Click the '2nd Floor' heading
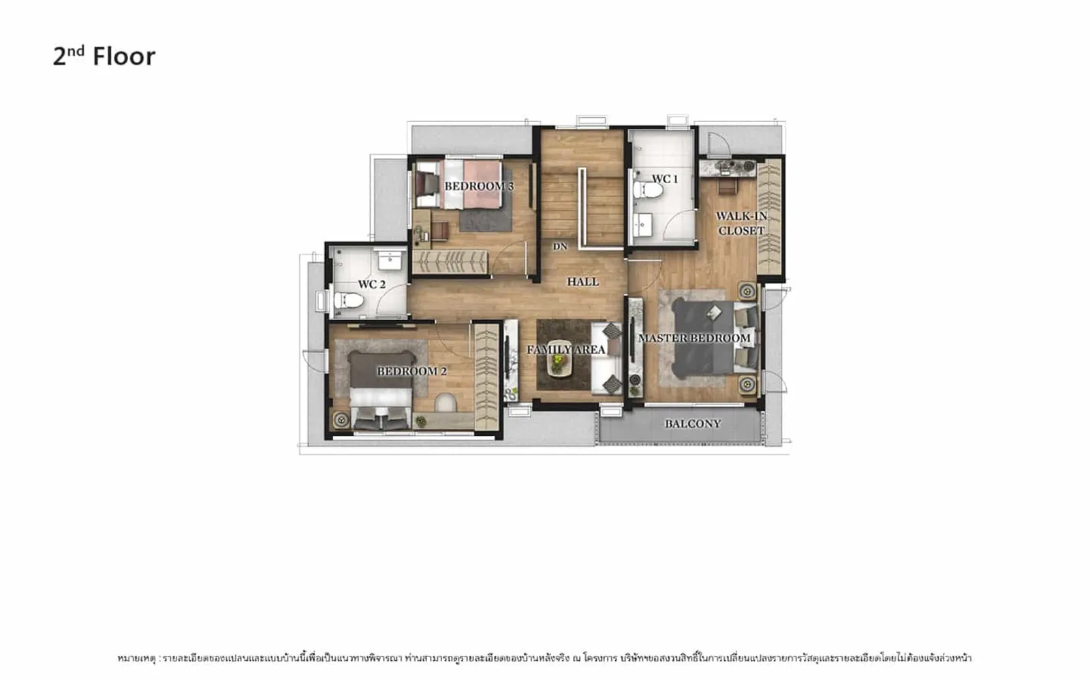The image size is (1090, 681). [x=104, y=56]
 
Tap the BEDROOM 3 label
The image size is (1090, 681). [x=479, y=187]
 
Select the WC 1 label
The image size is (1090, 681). [x=665, y=179]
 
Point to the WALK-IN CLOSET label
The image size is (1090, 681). [x=741, y=223]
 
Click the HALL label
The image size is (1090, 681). [x=582, y=282]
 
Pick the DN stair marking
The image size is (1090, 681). [x=560, y=247]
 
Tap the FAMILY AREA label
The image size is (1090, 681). [x=566, y=350]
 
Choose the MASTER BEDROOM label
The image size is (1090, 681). [x=694, y=338]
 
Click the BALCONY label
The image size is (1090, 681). [x=693, y=424]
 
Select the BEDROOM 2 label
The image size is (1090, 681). [x=411, y=371]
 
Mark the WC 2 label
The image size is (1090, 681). [x=372, y=285]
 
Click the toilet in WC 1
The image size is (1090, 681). [x=647, y=190]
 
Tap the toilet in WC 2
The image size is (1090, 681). [x=348, y=300]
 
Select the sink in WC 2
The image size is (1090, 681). [x=390, y=261]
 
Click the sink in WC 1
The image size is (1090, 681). [x=643, y=225]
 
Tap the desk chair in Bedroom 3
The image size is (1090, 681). [x=440, y=231]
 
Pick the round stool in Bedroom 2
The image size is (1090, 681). [x=446, y=402]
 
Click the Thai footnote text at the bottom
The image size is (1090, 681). [x=544, y=659]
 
